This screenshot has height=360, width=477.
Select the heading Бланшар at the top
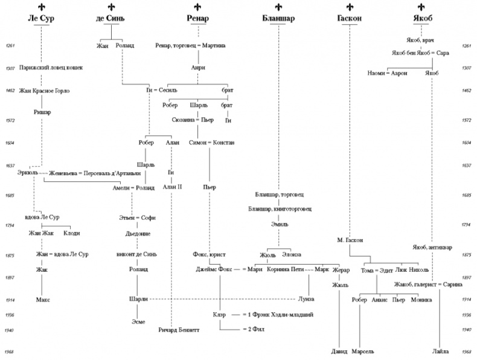coord(278,19)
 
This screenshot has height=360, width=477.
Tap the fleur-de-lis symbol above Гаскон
coord(350,7)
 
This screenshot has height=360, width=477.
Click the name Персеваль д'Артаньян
coord(106,173)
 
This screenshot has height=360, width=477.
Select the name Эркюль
coord(28,173)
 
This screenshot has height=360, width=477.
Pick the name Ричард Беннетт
coord(179,330)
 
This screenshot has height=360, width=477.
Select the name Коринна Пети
coord(284,269)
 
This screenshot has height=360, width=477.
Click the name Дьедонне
coord(138,233)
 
